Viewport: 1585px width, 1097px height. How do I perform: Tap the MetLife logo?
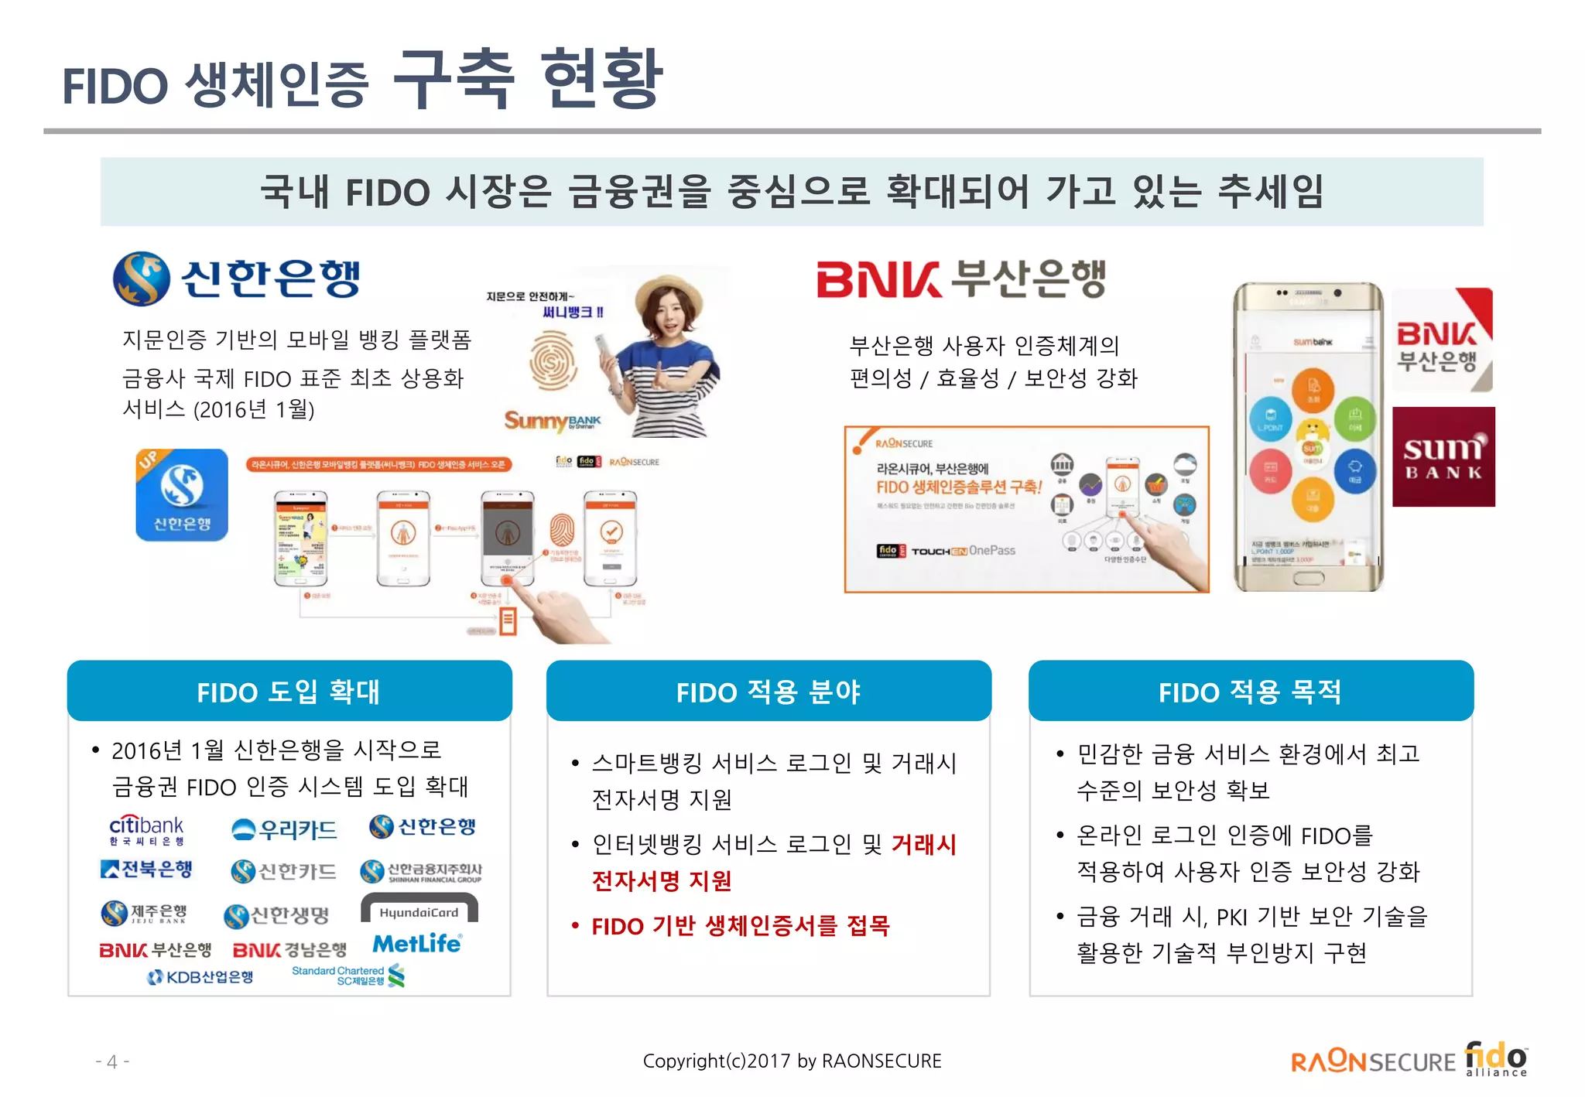[x=417, y=943]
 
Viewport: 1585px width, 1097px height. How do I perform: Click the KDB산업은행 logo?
[x=200, y=977]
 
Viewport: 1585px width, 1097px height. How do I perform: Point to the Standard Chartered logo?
[x=348, y=976]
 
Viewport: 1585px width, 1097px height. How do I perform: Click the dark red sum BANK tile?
[x=1443, y=456]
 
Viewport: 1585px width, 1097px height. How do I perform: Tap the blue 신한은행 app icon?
[x=182, y=495]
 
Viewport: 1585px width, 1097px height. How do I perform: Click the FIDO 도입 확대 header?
[x=289, y=691]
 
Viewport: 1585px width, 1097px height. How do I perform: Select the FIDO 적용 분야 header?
[x=768, y=691]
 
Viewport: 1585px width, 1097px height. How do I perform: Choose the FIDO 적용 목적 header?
[x=1250, y=691]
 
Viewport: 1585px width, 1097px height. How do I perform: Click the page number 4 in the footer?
[x=112, y=1061]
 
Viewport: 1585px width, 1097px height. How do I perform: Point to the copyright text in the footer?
[x=792, y=1061]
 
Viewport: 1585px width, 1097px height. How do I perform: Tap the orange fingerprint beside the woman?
[x=553, y=361]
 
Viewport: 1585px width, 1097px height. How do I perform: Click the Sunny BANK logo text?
[x=552, y=420]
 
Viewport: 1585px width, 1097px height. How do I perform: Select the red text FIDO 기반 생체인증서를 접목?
[x=740, y=925]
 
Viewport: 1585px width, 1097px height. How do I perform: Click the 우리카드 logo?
[x=285, y=830]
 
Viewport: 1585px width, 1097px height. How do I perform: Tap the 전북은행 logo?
[x=146, y=869]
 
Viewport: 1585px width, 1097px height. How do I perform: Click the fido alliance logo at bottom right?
[x=1495, y=1058]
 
